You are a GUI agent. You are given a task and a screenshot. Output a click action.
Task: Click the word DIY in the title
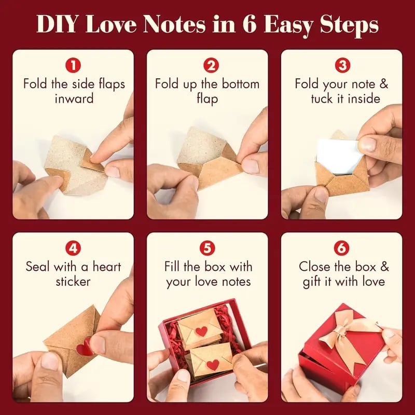59,24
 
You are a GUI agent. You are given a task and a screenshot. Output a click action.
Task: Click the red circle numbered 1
74,66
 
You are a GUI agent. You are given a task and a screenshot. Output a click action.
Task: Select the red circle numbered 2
208,66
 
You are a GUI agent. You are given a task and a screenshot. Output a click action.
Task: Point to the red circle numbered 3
341,66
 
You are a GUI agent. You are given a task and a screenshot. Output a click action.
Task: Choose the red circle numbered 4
74,248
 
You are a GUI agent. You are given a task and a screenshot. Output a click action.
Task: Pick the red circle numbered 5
208,248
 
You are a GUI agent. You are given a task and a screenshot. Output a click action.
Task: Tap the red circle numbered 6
341,248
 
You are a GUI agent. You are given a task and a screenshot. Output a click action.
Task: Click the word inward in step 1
74,99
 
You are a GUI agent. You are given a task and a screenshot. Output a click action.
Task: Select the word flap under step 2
208,99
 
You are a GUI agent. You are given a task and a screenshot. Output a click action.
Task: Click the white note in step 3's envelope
338,153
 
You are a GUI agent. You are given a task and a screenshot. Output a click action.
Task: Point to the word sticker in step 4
74,282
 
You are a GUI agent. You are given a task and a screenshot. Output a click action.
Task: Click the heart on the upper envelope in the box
201,331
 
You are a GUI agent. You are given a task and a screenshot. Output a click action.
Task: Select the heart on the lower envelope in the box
212,364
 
